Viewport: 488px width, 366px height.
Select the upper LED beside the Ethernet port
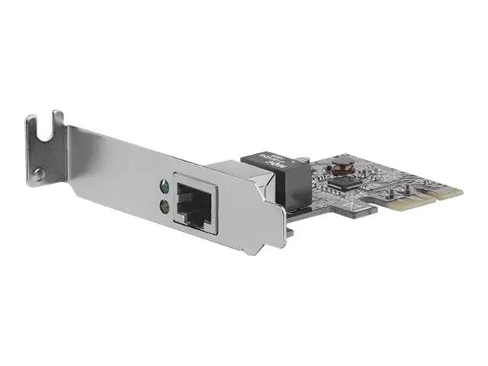tap(163, 185)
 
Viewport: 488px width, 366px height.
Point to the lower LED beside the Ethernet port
tap(163, 204)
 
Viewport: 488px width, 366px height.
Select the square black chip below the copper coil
tap(348, 183)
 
